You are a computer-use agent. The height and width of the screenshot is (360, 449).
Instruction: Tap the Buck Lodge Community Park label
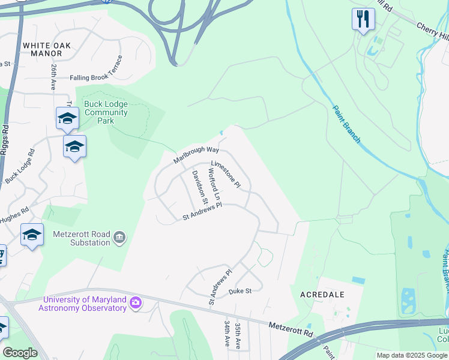click(x=106, y=112)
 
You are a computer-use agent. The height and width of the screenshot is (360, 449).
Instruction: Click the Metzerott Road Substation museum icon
click(x=119, y=238)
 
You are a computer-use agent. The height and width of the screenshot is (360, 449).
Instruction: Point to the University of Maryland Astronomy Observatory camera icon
click(x=136, y=303)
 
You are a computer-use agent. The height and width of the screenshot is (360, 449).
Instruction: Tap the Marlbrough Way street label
click(x=196, y=155)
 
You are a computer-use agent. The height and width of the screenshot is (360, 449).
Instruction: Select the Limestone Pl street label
click(x=226, y=174)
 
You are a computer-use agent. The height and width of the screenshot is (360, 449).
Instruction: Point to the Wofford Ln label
click(x=214, y=184)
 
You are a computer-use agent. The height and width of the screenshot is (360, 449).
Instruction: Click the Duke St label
click(x=240, y=292)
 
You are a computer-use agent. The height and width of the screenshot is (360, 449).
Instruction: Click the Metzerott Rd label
click(x=291, y=328)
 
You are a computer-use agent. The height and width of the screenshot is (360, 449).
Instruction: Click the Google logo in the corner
click(x=20, y=353)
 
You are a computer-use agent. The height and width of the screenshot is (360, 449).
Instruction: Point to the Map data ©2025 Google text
click(x=412, y=355)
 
